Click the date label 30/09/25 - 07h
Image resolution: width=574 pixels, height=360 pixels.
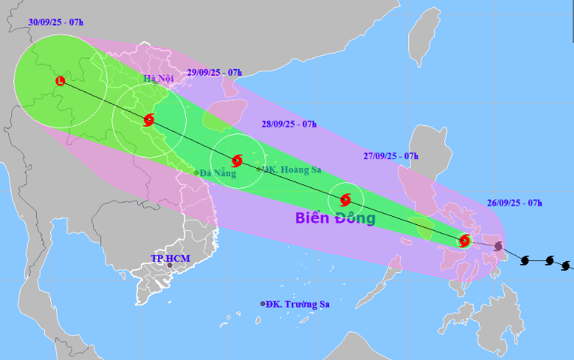point(55,22)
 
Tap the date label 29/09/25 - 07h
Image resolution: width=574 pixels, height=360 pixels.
point(214,73)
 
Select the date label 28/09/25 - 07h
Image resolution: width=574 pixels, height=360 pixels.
point(289,124)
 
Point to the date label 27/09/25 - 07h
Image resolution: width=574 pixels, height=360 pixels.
point(390,156)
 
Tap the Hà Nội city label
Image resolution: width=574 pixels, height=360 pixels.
point(159,78)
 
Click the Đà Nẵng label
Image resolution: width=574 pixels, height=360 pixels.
point(218,173)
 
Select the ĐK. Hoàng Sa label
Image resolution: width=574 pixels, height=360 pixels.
point(291,169)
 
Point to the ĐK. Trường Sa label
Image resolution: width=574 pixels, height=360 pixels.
point(298,304)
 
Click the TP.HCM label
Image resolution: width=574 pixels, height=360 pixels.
point(170,258)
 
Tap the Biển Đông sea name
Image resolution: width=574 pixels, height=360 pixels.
point(334,219)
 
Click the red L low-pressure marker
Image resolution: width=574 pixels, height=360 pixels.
point(61,81)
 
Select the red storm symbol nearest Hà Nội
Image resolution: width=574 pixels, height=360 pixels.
point(148,119)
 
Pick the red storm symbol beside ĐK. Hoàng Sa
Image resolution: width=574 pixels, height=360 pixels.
point(237,160)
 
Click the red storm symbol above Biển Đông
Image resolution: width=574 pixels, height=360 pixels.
point(345,199)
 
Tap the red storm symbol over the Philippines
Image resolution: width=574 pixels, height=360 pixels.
point(464,241)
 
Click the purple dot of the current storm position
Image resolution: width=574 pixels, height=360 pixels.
point(499,246)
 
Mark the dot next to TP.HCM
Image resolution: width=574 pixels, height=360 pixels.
point(170,266)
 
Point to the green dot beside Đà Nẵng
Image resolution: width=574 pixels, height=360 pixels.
point(196,172)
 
